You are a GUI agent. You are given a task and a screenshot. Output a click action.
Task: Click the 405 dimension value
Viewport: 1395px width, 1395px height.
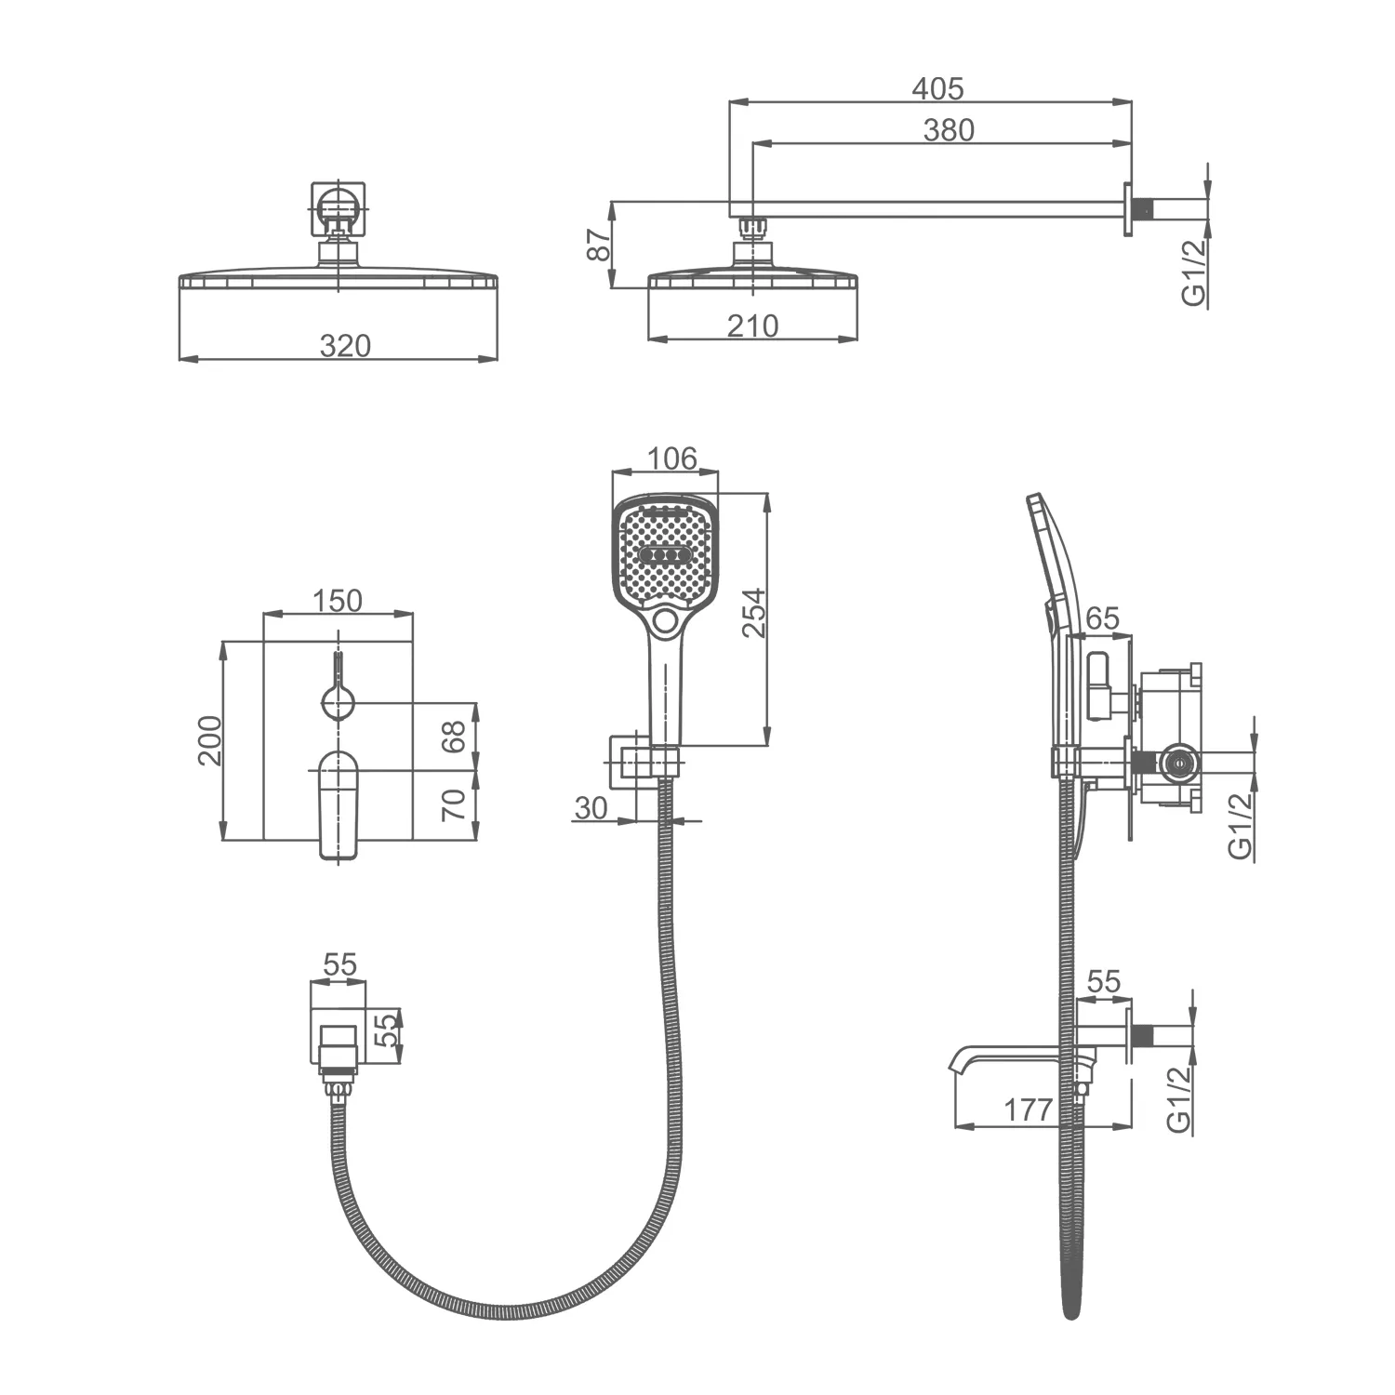coord(937,88)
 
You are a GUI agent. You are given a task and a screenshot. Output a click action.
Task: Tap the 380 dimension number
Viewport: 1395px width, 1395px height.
coord(949,130)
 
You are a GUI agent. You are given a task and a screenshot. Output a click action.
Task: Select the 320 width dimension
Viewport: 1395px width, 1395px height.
coord(345,346)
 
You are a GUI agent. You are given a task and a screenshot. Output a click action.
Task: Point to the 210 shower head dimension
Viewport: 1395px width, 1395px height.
coord(752,325)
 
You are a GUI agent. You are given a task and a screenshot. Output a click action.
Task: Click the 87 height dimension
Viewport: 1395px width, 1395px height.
coord(601,245)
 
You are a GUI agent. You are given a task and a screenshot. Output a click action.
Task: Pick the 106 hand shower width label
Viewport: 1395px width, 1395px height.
coord(671,458)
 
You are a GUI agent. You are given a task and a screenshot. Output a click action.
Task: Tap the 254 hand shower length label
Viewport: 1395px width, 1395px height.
coord(753,612)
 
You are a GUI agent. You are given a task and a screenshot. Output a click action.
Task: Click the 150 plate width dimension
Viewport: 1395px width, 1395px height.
coord(337,601)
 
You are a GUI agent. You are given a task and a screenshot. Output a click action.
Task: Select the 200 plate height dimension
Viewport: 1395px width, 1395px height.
coord(210,740)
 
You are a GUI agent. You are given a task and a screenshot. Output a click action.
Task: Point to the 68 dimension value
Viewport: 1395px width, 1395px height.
coord(453,737)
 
